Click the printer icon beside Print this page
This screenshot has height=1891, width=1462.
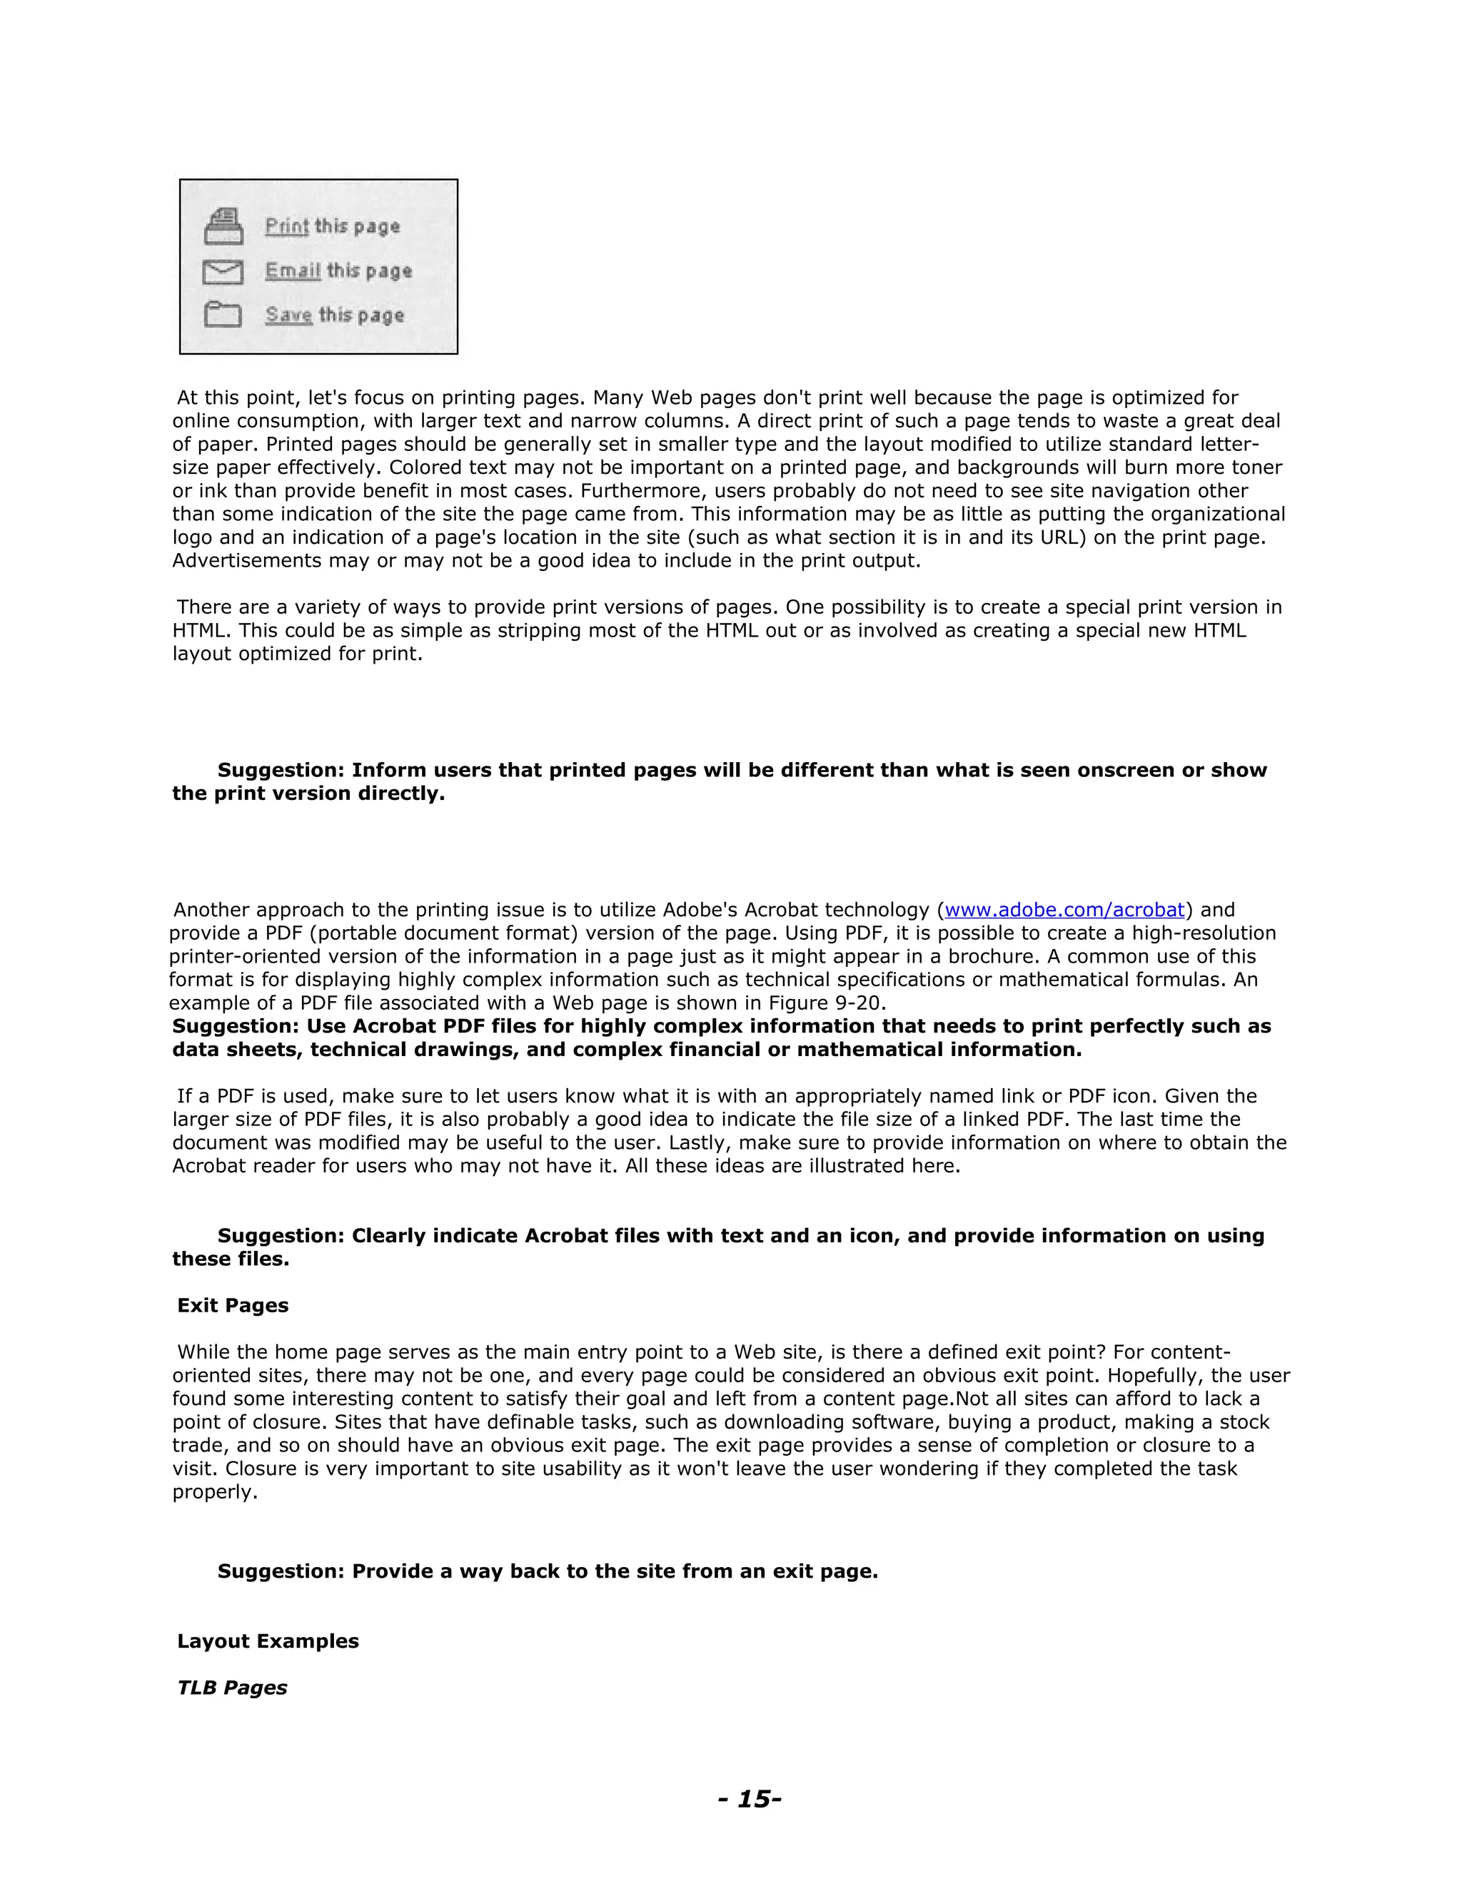point(223,227)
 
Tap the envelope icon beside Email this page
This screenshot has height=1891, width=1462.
point(223,272)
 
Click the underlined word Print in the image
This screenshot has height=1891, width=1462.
point(287,226)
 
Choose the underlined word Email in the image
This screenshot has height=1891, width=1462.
point(293,270)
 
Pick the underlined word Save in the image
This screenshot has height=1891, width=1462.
point(288,315)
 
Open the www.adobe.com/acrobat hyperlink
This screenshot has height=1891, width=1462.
point(1064,910)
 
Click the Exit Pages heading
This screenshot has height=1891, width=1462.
point(233,1306)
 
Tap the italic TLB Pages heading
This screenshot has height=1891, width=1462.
point(232,1688)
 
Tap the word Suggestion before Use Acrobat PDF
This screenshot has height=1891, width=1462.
point(235,1026)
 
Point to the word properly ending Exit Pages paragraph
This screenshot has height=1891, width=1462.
point(214,1493)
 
